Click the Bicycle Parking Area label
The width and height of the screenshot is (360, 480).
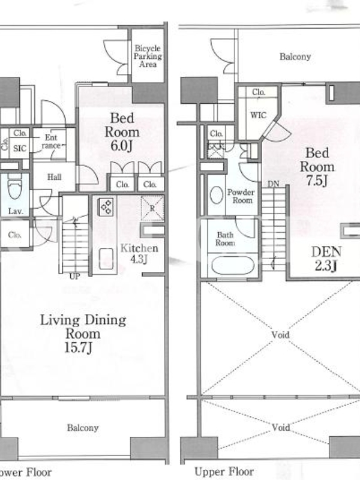(148, 56)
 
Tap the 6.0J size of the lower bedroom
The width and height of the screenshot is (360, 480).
(122, 145)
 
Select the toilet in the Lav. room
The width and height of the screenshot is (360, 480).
(14, 187)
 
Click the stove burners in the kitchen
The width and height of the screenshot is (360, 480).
(107, 206)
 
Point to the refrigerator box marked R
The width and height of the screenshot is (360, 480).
(152, 208)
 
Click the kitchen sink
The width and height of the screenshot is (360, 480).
(106, 259)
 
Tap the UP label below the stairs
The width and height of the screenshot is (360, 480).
(74, 277)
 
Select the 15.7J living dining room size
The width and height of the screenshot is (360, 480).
(79, 347)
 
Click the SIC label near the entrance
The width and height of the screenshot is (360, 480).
(20, 148)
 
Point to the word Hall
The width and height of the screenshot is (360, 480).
(54, 176)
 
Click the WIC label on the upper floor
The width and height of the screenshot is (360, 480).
(259, 115)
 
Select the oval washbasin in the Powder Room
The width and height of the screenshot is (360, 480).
(217, 195)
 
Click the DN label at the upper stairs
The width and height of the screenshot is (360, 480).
(274, 184)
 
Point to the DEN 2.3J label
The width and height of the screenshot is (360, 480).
(326, 259)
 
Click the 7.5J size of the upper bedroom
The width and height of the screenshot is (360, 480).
(317, 181)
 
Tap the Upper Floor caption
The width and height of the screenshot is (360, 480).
(224, 472)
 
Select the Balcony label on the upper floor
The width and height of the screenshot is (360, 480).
(295, 56)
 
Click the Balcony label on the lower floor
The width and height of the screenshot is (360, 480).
(83, 428)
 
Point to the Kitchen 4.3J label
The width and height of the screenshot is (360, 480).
(139, 253)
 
